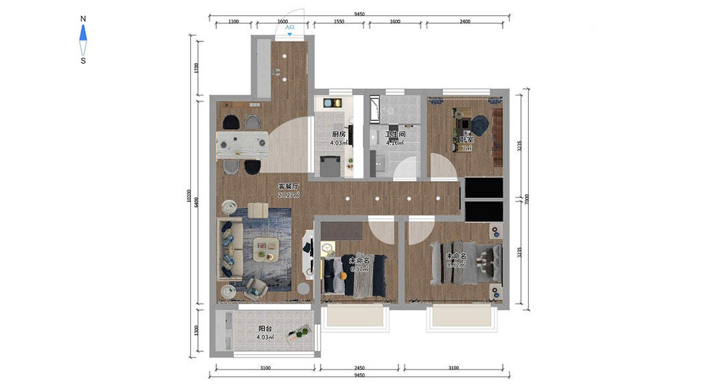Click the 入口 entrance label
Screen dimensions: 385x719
(x=289, y=27)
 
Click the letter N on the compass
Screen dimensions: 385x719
(x=83, y=19)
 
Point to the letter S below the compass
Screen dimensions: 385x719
(x=83, y=61)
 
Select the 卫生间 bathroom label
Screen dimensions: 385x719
(x=395, y=134)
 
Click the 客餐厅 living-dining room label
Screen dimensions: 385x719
(x=289, y=186)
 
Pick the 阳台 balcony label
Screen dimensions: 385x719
(x=265, y=329)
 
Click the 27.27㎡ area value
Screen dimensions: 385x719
(x=289, y=195)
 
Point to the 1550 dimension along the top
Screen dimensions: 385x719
(x=338, y=21)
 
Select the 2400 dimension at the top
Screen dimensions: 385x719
(x=465, y=21)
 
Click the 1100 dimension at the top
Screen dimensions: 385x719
(x=233, y=21)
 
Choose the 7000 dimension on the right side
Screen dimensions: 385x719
(x=528, y=199)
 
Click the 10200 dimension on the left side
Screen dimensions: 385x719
(x=189, y=199)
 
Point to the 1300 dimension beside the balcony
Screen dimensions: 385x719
(x=195, y=330)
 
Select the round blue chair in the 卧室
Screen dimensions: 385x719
(x=480, y=124)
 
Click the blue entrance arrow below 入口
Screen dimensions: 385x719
(x=289, y=33)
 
